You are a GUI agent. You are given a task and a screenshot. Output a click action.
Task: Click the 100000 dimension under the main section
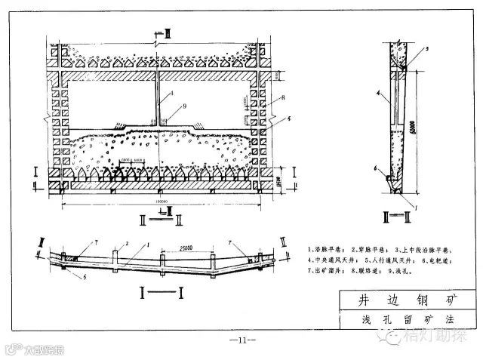coord(159,202)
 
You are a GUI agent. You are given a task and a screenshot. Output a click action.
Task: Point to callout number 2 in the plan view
coord(128,244)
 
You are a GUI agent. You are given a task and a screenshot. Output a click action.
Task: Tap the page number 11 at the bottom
coord(242,342)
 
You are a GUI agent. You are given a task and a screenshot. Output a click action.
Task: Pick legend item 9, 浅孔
coord(413,269)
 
